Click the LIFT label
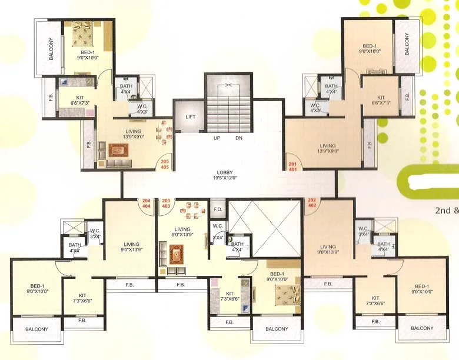[x=190, y=117]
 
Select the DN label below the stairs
[x=239, y=138]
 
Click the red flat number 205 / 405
[x=165, y=164]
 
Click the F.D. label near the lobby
[x=217, y=209]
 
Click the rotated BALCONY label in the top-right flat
[x=407, y=45]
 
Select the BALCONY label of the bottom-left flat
[x=36, y=329]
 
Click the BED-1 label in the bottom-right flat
[x=420, y=289]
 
